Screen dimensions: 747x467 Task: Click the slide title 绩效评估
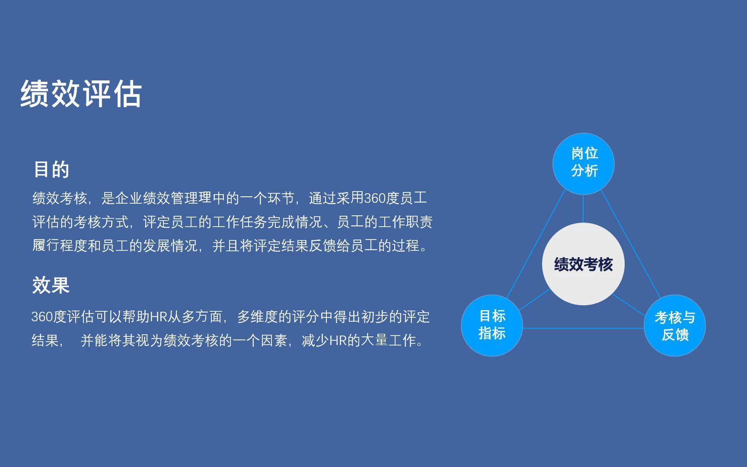81,93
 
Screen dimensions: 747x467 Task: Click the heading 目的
51,170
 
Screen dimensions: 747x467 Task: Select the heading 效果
51,285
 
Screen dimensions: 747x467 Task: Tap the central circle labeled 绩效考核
583,264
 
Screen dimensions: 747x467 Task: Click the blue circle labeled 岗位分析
584,163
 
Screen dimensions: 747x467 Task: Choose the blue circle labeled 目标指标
492,326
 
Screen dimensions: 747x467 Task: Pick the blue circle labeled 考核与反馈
675,326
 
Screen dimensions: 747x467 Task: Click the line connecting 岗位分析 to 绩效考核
583,209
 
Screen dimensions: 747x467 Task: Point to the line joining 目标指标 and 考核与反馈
583,328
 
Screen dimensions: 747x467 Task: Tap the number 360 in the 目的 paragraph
375,198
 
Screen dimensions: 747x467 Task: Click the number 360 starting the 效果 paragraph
42,317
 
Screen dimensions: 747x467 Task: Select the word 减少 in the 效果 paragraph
316,341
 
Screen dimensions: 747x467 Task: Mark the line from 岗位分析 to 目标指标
536,243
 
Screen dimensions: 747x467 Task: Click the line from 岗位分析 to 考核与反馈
631,243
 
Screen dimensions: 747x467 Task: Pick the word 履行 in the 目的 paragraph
46,246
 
